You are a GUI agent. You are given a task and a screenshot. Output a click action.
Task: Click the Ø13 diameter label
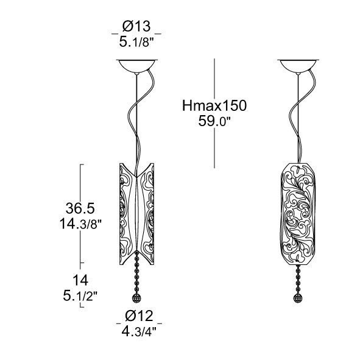tap(136, 26)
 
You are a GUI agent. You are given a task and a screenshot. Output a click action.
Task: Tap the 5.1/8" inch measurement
tap(136, 43)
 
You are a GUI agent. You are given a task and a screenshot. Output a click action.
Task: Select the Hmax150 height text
tap(214, 106)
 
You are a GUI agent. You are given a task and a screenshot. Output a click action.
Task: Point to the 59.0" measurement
tap(214, 121)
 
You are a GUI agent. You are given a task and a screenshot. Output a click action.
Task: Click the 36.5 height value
tap(80, 208)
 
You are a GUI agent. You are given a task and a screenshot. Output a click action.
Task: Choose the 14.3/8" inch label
tap(80, 224)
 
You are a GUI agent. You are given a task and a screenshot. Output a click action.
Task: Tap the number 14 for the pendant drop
tap(80, 280)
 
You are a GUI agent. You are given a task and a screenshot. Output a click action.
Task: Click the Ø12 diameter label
tap(139, 316)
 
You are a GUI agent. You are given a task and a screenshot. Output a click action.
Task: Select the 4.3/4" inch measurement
tap(139, 331)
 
